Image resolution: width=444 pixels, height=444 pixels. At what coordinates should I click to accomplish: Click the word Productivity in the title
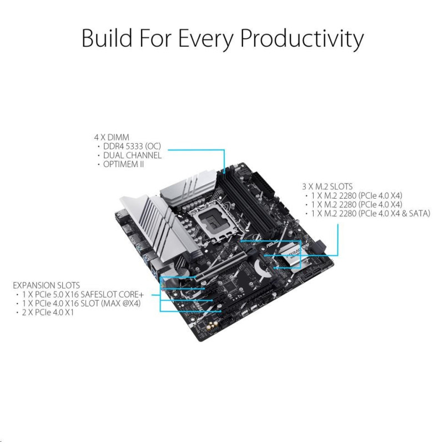(x=302, y=38)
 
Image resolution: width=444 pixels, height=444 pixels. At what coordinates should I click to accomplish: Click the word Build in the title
(x=107, y=38)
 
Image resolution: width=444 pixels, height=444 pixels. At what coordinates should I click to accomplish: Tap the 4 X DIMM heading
(x=112, y=137)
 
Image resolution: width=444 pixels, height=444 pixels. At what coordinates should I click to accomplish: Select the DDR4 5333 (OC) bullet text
(x=132, y=147)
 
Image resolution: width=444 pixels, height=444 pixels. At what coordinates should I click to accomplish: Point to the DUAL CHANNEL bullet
(x=132, y=155)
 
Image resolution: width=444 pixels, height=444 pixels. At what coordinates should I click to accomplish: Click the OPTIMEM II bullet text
(x=123, y=164)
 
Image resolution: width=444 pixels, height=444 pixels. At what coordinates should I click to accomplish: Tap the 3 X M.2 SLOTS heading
(x=327, y=186)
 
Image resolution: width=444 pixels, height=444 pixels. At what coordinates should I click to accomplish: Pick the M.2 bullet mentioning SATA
(x=370, y=214)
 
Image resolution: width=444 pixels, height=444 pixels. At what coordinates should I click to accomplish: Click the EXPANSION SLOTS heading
(x=47, y=285)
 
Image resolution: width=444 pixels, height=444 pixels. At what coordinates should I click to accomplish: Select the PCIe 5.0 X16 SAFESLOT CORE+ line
(x=83, y=295)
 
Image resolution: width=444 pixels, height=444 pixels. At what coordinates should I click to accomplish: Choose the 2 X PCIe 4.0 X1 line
(x=48, y=312)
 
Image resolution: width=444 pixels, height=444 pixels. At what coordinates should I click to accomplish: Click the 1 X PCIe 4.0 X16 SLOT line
(x=81, y=304)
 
